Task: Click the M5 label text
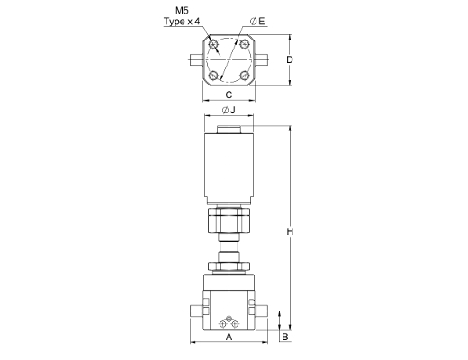[x=182, y=11]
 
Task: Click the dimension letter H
[x=290, y=231]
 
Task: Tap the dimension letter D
[x=290, y=59]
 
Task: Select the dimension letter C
[x=229, y=94]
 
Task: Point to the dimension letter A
[x=229, y=337]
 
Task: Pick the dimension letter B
[x=285, y=337]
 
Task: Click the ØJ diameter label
[x=229, y=110]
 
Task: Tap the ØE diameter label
[x=257, y=22]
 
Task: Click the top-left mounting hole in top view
[x=213, y=45]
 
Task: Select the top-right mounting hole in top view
[x=245, y=45]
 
